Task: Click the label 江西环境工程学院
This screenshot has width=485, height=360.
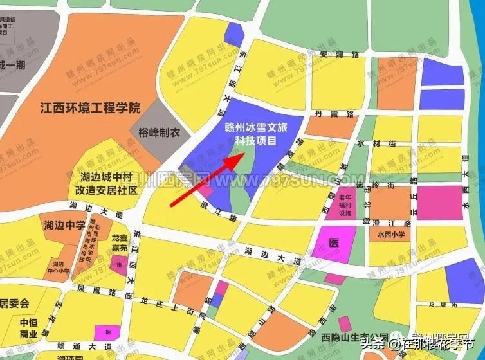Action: (89, 107)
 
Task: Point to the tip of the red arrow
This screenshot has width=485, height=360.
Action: (244, 152)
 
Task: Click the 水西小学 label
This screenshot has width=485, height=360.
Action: (390, 235)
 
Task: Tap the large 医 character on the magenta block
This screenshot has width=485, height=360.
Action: (333, 243)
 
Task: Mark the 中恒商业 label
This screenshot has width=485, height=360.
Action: (28, 328)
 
